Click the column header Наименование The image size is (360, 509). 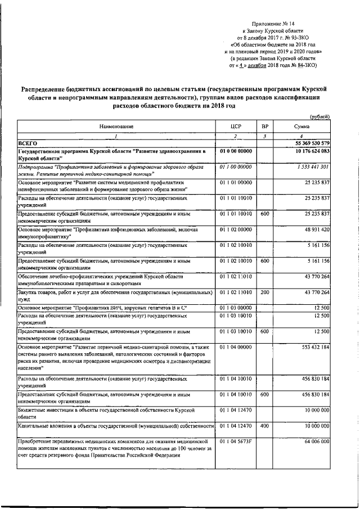(117, 128)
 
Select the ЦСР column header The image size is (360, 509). (236, 128)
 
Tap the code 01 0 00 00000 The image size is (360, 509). (236, 152)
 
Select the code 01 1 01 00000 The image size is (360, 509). (236, 183)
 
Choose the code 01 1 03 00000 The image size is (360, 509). (236, 307)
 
